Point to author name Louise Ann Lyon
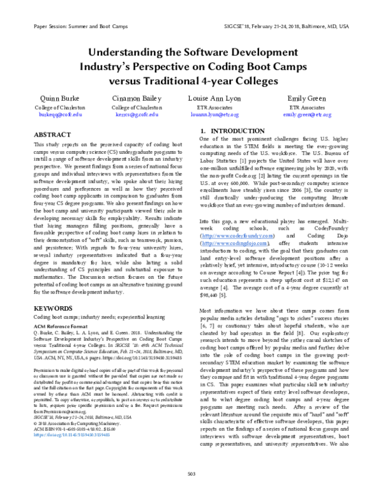(x=216, y=99)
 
